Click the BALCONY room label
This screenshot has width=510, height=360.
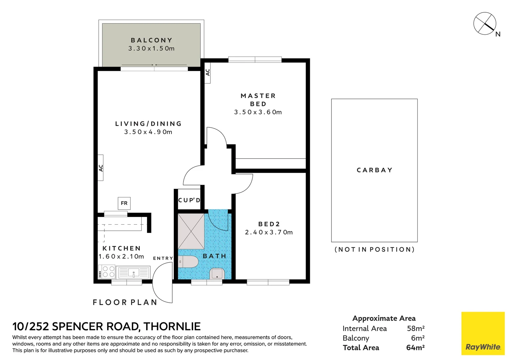pos(151,40)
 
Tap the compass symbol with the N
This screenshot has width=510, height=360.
pos(485,24)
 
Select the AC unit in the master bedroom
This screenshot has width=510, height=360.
pos(207,72)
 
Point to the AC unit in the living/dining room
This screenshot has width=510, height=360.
pos(100,168)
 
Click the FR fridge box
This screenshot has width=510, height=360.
pos(124,203)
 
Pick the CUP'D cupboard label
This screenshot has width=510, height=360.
pos(189,200)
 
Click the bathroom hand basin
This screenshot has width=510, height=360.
pos(217,274)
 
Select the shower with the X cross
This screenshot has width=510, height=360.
pos(191,231)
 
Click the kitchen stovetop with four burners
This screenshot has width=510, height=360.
pos(107,272)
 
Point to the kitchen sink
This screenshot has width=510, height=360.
pos(133,272)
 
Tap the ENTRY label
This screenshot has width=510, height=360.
pos(163,258)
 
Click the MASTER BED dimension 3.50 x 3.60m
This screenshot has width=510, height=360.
pos(258,112)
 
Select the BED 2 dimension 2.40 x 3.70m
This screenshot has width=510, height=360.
pos(269,232)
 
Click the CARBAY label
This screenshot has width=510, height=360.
pos(375,170)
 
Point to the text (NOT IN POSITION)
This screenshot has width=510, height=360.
pos(375,249)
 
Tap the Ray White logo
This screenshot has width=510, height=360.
pos(483,333)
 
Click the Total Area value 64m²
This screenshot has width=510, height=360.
pos(416,348)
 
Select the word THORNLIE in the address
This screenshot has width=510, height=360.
pos(172,327)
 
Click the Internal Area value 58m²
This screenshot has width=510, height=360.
pos(416,329)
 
